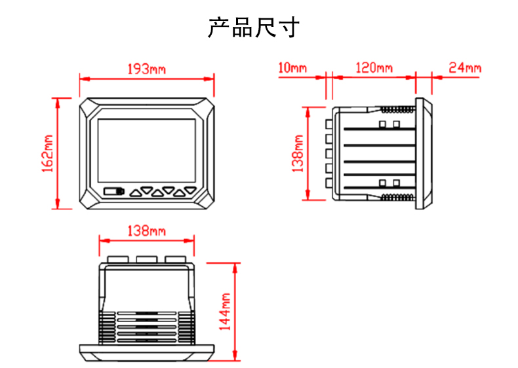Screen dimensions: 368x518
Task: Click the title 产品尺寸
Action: click(x=254, y=28)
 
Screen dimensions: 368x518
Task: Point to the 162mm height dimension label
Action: click(x=47, y=153)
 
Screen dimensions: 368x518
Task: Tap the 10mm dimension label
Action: click(x=292, y=67)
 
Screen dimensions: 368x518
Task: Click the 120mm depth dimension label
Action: click(x=374, y=67)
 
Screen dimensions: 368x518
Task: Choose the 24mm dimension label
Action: click(x=465, y=67)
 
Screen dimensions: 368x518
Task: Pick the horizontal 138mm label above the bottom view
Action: click(x=146, y=230)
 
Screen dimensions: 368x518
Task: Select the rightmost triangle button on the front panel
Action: click(x=189, y=192)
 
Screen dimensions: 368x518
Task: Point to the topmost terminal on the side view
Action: click(x=327, y=123)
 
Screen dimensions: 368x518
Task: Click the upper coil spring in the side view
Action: click(x=395, y=109)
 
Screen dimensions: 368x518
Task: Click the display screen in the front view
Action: click(x=146, y=149)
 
